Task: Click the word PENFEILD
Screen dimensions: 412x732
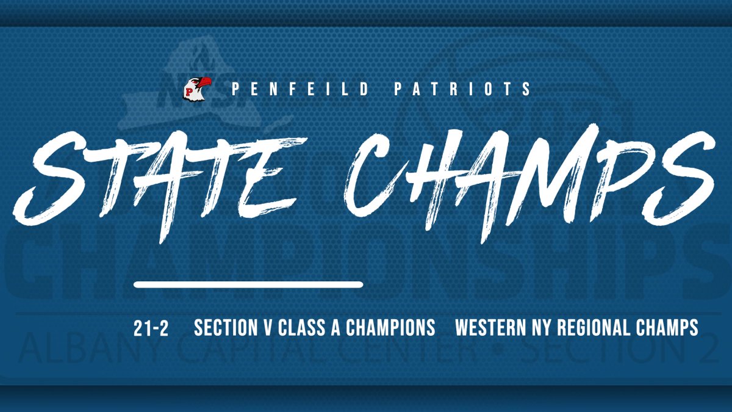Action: tap(301, 89)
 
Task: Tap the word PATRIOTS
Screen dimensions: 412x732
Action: tap(464, 89)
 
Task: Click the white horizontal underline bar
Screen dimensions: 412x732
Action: tap(248, 284)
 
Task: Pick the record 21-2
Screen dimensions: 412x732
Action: tap(151, 328)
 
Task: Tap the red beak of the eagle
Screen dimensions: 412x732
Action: tap(206, 82)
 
